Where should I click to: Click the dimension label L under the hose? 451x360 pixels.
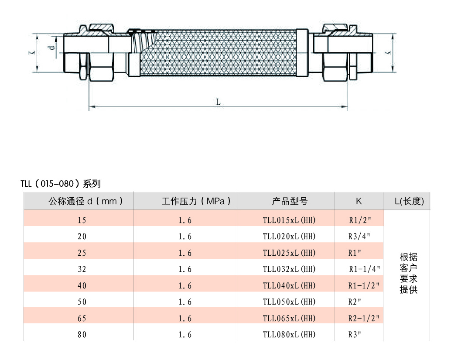point(218,102)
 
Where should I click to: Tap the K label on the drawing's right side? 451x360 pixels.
point(388,52)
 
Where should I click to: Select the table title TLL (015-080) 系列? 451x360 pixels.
point(61,184)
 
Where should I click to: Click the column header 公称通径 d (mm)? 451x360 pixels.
point(85,201)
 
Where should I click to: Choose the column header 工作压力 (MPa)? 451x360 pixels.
point(196,201)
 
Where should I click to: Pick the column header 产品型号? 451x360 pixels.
point(290,201)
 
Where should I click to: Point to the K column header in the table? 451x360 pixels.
point(359,201)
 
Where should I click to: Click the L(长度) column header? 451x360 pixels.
point(409,201)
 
